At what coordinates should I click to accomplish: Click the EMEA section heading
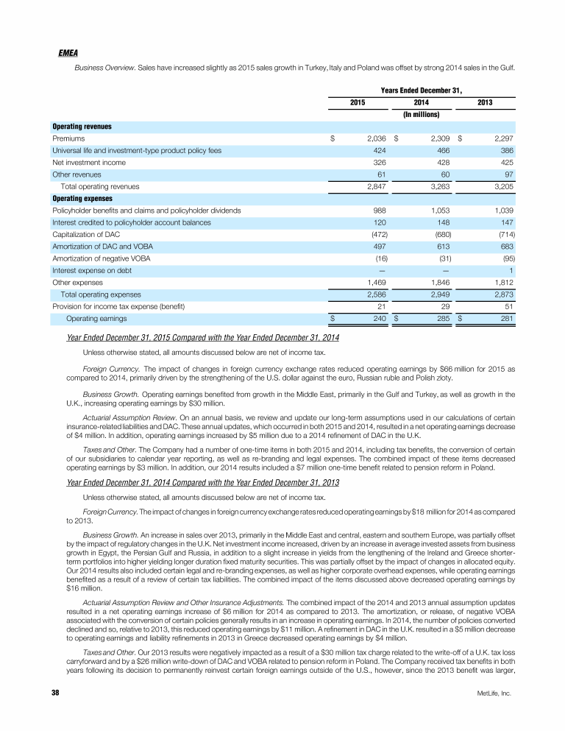pyautogui.click(x=68, y=54)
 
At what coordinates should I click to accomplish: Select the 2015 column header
pyautogui.click(x=358, y=102)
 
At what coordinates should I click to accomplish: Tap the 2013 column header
pyautogui.click(x=485, y=102)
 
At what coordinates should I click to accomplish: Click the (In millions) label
pyautogui.click(x=422, y=115)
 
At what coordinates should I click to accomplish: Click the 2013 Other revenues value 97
pyautogui.click(x=508, y=174)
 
